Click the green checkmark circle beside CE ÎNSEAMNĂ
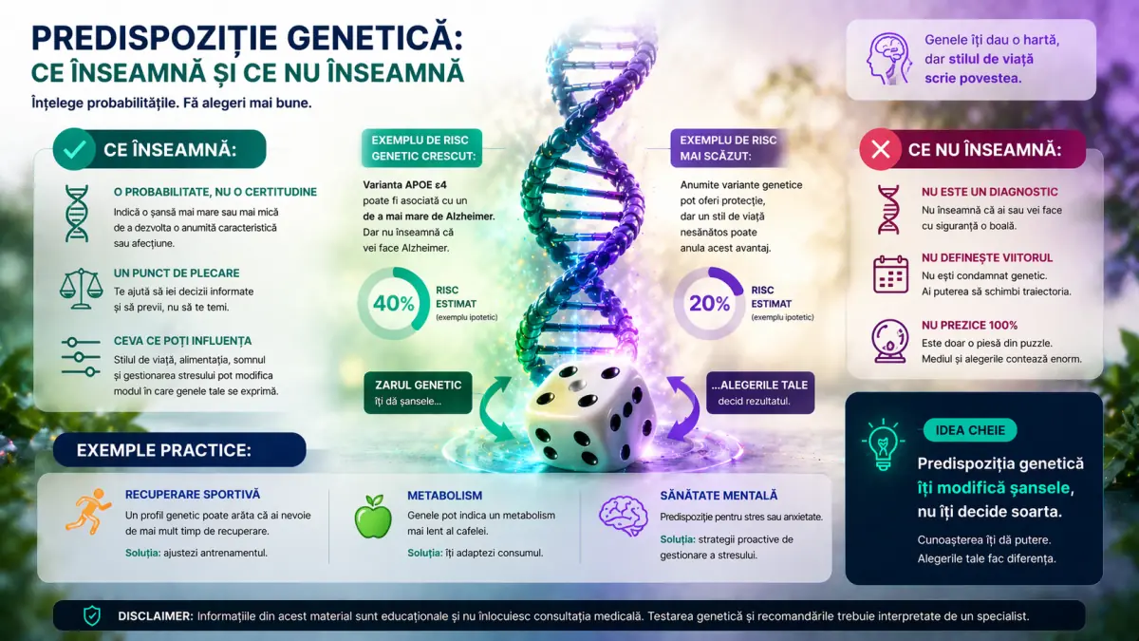click(x=74, y=149)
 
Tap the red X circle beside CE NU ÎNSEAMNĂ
click(x=881, y=149)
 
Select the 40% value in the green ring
click(x=393, y=304)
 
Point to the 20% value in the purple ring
click(x=708, y=304)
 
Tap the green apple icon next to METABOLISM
click(x=372, y=517)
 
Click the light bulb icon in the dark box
click(x=882, y=443)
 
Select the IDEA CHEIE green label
click(x=969, y=430)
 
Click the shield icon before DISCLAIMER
click(x=91, y=615)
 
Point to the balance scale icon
click(x=80, y=284)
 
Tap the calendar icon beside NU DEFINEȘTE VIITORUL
click(x=890, y=273)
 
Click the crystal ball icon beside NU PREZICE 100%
click(x=890, y=341)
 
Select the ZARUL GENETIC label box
click(x=418, y=392)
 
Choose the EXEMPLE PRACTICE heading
click(x=178, y=449)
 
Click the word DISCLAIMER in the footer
click(x=155, y=615)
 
